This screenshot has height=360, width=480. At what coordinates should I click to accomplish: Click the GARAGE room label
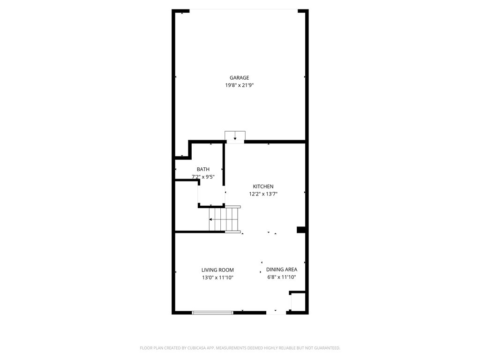click(x=239, y=78)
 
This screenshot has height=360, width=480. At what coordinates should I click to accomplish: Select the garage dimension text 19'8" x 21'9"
click(x=239, y=85)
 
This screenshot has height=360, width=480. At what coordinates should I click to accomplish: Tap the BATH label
click(x=203, y=169)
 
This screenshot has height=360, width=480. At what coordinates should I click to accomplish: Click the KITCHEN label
click(x=263, y=187)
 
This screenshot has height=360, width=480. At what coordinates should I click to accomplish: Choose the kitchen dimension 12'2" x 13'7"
click(x=263, y=194)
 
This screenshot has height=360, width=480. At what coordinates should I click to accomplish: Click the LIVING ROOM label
click(x=217, y=270)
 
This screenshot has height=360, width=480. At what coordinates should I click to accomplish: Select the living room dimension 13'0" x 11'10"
click(x=217, y=277)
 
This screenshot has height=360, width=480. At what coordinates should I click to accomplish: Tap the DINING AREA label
click(x=281, y=270)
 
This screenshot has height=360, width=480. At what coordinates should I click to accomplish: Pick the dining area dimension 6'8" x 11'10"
click(x=281, y=277)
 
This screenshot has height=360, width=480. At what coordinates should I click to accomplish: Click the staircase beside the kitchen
click(x=225, y=219)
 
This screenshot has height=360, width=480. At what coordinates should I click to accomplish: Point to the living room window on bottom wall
click(x=212, y=312)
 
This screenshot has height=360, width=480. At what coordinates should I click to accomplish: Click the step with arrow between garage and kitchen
click(x=235, y=136)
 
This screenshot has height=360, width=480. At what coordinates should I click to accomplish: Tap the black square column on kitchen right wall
click(x=301, y=230)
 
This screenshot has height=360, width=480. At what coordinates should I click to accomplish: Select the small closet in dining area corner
click(x=299, y=302)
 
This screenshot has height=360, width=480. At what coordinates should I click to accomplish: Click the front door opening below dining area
click(x=276, y=312)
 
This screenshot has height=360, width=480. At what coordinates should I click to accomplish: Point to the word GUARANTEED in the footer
click(x=324, y=348)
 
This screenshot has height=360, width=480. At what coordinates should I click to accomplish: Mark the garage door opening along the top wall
click(x=244, y=10)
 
